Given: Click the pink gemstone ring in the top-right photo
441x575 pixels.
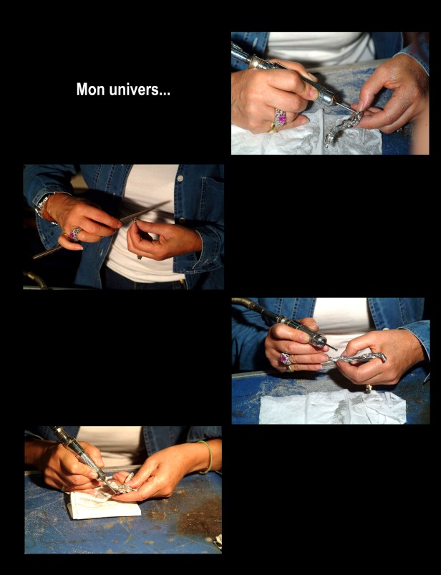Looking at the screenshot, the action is pyautogui.click(x=281, y=117).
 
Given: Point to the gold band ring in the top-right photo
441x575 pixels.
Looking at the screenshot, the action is pyautogui.click(x=272, y=128).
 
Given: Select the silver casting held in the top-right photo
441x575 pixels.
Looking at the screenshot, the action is pyautogui.click(x=342, y=127).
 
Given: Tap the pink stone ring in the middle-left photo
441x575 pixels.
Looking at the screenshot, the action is pyautogui.click(x=74, y=234).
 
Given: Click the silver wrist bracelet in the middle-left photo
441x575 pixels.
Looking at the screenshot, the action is pyautogui.click(x=43, y=206).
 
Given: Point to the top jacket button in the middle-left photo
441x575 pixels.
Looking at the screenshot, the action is pyautogui.click(x=180, y=178).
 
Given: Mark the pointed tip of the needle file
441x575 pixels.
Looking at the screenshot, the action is pyautogui.click(x=170, y=202).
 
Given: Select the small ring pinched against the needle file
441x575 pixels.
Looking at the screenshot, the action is pyautogui.click(x=135, y=220).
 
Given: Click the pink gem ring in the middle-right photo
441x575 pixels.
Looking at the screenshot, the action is pyautogui.click(x=285, y=359).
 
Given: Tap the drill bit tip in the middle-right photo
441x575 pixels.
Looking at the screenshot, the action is pyautogui.click(x=336, y=349).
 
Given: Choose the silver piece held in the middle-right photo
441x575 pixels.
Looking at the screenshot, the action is pyautogui.click(x=358, y=358).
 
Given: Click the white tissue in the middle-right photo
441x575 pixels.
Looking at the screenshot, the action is pyautogui.click(x=332, y=407).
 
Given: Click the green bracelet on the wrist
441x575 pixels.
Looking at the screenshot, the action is pyautogui.click(x=208, y=458).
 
